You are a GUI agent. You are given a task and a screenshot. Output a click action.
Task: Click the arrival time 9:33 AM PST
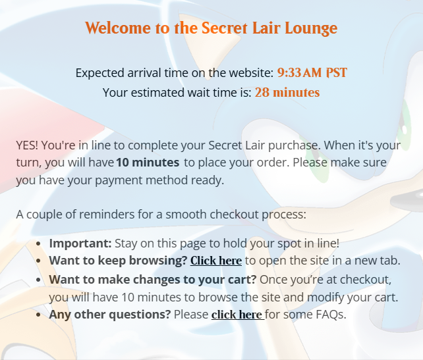tap(312, 73)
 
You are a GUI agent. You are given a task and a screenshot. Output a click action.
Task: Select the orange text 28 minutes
tap(287, 92)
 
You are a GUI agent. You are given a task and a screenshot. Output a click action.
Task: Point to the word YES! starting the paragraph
tap(27, 145)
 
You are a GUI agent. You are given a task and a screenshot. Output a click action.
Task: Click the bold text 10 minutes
tap(148, 163)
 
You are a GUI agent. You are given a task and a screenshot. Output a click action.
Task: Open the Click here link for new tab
tap(216, 261)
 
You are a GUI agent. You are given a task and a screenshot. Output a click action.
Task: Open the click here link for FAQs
tap(237, 315)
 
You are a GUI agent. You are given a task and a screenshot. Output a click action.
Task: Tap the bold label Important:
tap(80, 244)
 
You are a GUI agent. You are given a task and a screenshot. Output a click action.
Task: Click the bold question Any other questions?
tap(110, 315)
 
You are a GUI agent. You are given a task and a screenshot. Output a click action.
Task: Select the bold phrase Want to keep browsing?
tap(118, 261)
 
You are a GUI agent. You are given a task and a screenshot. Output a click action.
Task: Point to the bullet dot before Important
tap(38, 244)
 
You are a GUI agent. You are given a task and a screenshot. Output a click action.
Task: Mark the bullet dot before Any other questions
tap(38, 315)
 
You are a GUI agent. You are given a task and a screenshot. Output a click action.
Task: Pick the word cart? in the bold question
tap(242, 280)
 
